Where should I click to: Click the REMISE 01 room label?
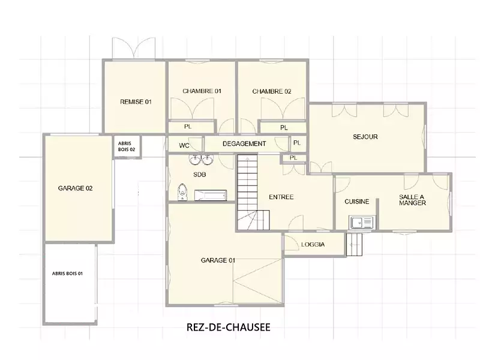pyautogui.click(x=136, y=102)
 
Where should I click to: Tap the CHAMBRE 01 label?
pyautogui.click(x=202, y=91)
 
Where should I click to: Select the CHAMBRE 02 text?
pyautogui.click(x=272, y=91)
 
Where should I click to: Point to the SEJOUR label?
pyautogui.click(x=365, y=137)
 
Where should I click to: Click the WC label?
pyautogui.click(x=184, y=146)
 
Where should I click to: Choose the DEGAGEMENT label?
pyautogui.click(x=244, y=143)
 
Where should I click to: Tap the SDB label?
pyautogui.click(x=200, y=175)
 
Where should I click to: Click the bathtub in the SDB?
pyautogui.click(x=211, y=196)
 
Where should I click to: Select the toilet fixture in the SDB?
pyautogui.click(x=182, y=192)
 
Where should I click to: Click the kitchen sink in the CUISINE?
pyautogui.click(x=362, y=222)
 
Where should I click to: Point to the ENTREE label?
pyautogui.click(x=281, y=197)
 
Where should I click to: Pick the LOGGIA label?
pyautogui.click(x=313, y=245)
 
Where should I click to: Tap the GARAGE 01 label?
pyautogui.click(x=218, y=260)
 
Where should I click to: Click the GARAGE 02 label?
pyautogui.click(x=76, y=188)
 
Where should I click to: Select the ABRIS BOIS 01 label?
pyautogui.click(x=67, y=274)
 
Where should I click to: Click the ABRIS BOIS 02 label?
pyautogui.click(x=127, y=146)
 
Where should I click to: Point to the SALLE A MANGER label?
pyautogui.click(x=412, y=200)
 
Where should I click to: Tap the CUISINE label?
pyautogui.click(x=356, y=202)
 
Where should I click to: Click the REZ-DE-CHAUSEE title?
pyautogui.click(x=229, y=327)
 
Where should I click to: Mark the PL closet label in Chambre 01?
pyautogui.click(x=188, y=127)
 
